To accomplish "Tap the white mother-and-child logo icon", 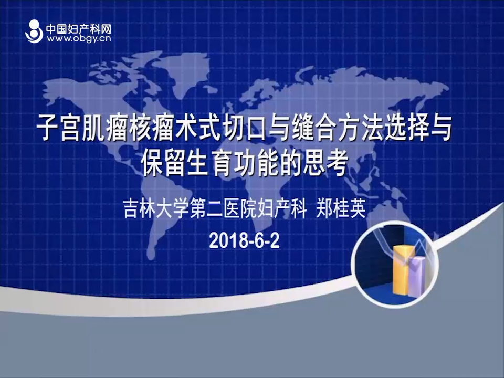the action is coord(34,31).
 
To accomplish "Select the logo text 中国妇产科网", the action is coord(79,29).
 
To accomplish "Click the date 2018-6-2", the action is coord(244,240).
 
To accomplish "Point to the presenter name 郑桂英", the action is coord(341,208).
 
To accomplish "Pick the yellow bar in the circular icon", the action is coord(402,270).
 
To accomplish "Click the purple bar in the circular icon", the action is coord(418,277).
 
